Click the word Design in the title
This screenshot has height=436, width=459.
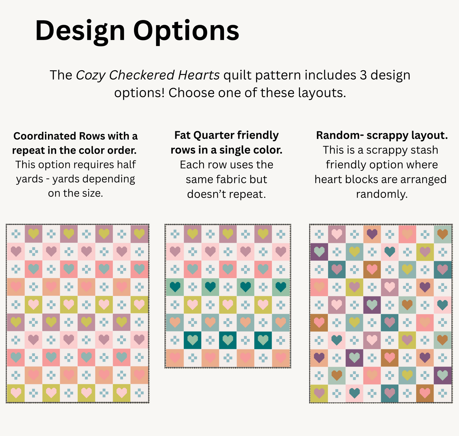click(80, 31)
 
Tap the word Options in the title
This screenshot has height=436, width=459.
click(186, 31)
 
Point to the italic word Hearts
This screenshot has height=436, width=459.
click(199, 75)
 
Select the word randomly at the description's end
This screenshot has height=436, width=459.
click(381, 194)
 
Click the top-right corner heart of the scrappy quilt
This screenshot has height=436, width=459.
click(442, 234)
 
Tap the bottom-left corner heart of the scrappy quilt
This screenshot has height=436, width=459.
click(319, 393)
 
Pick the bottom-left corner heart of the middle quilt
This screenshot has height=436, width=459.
click(174, 358)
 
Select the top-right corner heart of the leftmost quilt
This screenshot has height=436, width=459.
click(139, 234)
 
